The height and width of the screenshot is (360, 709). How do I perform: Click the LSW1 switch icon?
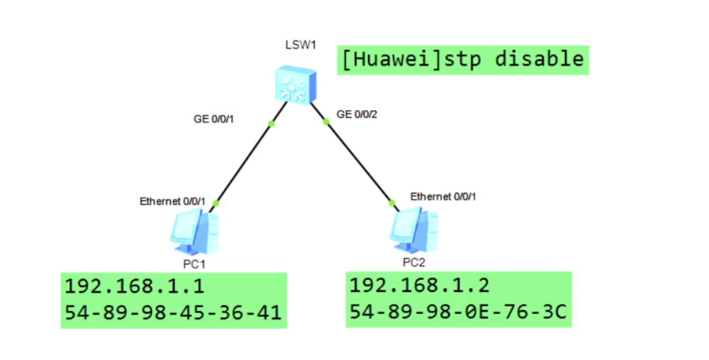(x=296, y=85)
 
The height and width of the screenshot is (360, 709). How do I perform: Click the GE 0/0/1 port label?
(x=214, y=119)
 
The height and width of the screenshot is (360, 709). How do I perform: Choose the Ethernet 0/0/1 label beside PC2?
(x=443, y=196)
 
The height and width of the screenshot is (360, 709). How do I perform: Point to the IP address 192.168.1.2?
(x=419, y=285)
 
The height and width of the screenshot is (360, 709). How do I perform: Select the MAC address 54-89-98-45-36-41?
(x=173, y=313)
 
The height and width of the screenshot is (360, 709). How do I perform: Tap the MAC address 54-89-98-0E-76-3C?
(x=458, y=311)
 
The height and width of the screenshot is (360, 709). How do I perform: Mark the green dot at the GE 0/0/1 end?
(x=272, y=123)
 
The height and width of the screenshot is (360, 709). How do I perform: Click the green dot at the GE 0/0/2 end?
(x=326, y=122)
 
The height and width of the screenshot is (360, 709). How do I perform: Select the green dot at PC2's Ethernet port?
(x=392, y=203)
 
